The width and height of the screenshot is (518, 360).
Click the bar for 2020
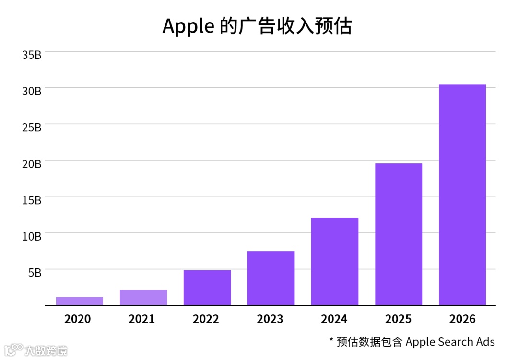[80, 301]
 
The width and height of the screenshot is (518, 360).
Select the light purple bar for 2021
[143, 297]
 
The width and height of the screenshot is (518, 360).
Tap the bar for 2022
[207, 288]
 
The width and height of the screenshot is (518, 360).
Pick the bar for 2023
[271, 278]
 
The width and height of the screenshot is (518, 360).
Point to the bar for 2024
[335, 261]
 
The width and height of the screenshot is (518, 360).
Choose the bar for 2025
[399, 234]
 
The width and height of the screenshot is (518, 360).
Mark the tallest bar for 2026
[462, 195]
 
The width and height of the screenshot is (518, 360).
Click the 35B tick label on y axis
[32, 54]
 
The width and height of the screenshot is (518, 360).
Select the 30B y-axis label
[32, 91]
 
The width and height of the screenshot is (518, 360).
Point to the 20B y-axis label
[32, 163]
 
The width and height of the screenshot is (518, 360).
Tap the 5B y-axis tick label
[34, 272]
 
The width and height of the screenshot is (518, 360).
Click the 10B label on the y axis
[32, 236]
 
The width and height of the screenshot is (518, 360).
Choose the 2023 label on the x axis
[270, 319]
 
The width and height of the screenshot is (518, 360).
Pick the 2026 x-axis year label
[462, 319]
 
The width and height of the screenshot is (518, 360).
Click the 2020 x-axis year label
[78, 319]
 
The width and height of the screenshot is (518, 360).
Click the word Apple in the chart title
[188, 27]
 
